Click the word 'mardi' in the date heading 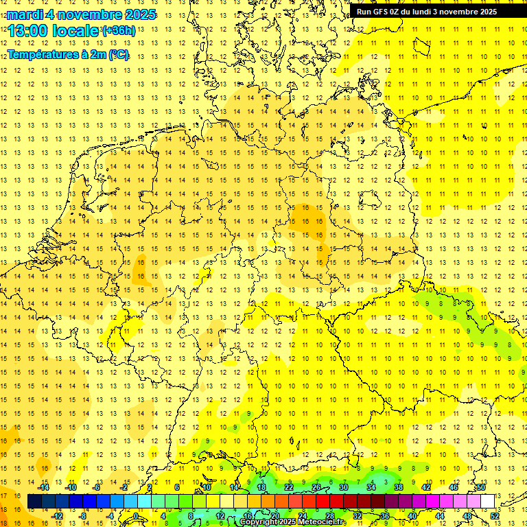pos(25,14)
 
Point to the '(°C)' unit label pos(118,54)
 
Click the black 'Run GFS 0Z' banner pos(437,11)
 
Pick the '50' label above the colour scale pos(481,487)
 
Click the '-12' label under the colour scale pos(58,516)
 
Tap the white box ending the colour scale pos(488,502)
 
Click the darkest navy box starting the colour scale pos(34,502)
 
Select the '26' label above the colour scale pos(316,487)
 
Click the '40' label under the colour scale pos(412,516)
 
